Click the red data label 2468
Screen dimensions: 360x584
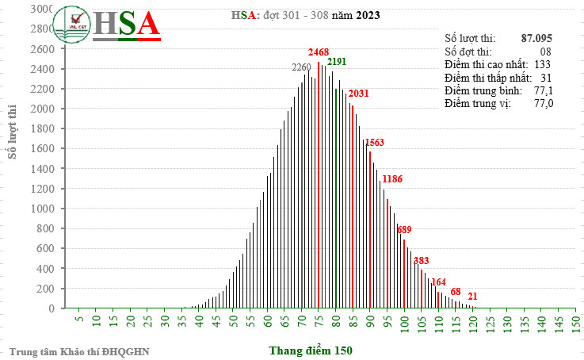point(318,52)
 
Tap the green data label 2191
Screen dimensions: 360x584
point(338,61)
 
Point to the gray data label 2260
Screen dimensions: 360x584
point(302,67)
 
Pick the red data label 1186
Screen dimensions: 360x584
point(392,179)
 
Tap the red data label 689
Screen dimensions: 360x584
point(404,230)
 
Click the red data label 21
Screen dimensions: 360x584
point(472,297)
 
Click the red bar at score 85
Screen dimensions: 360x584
point(353,206)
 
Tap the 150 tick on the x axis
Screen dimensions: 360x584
point(576,322)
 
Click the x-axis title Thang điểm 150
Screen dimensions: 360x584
point(310,350)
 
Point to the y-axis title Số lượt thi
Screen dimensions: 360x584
point(13,132)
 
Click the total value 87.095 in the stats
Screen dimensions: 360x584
point(536,37)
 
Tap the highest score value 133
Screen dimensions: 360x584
point(542,63)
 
